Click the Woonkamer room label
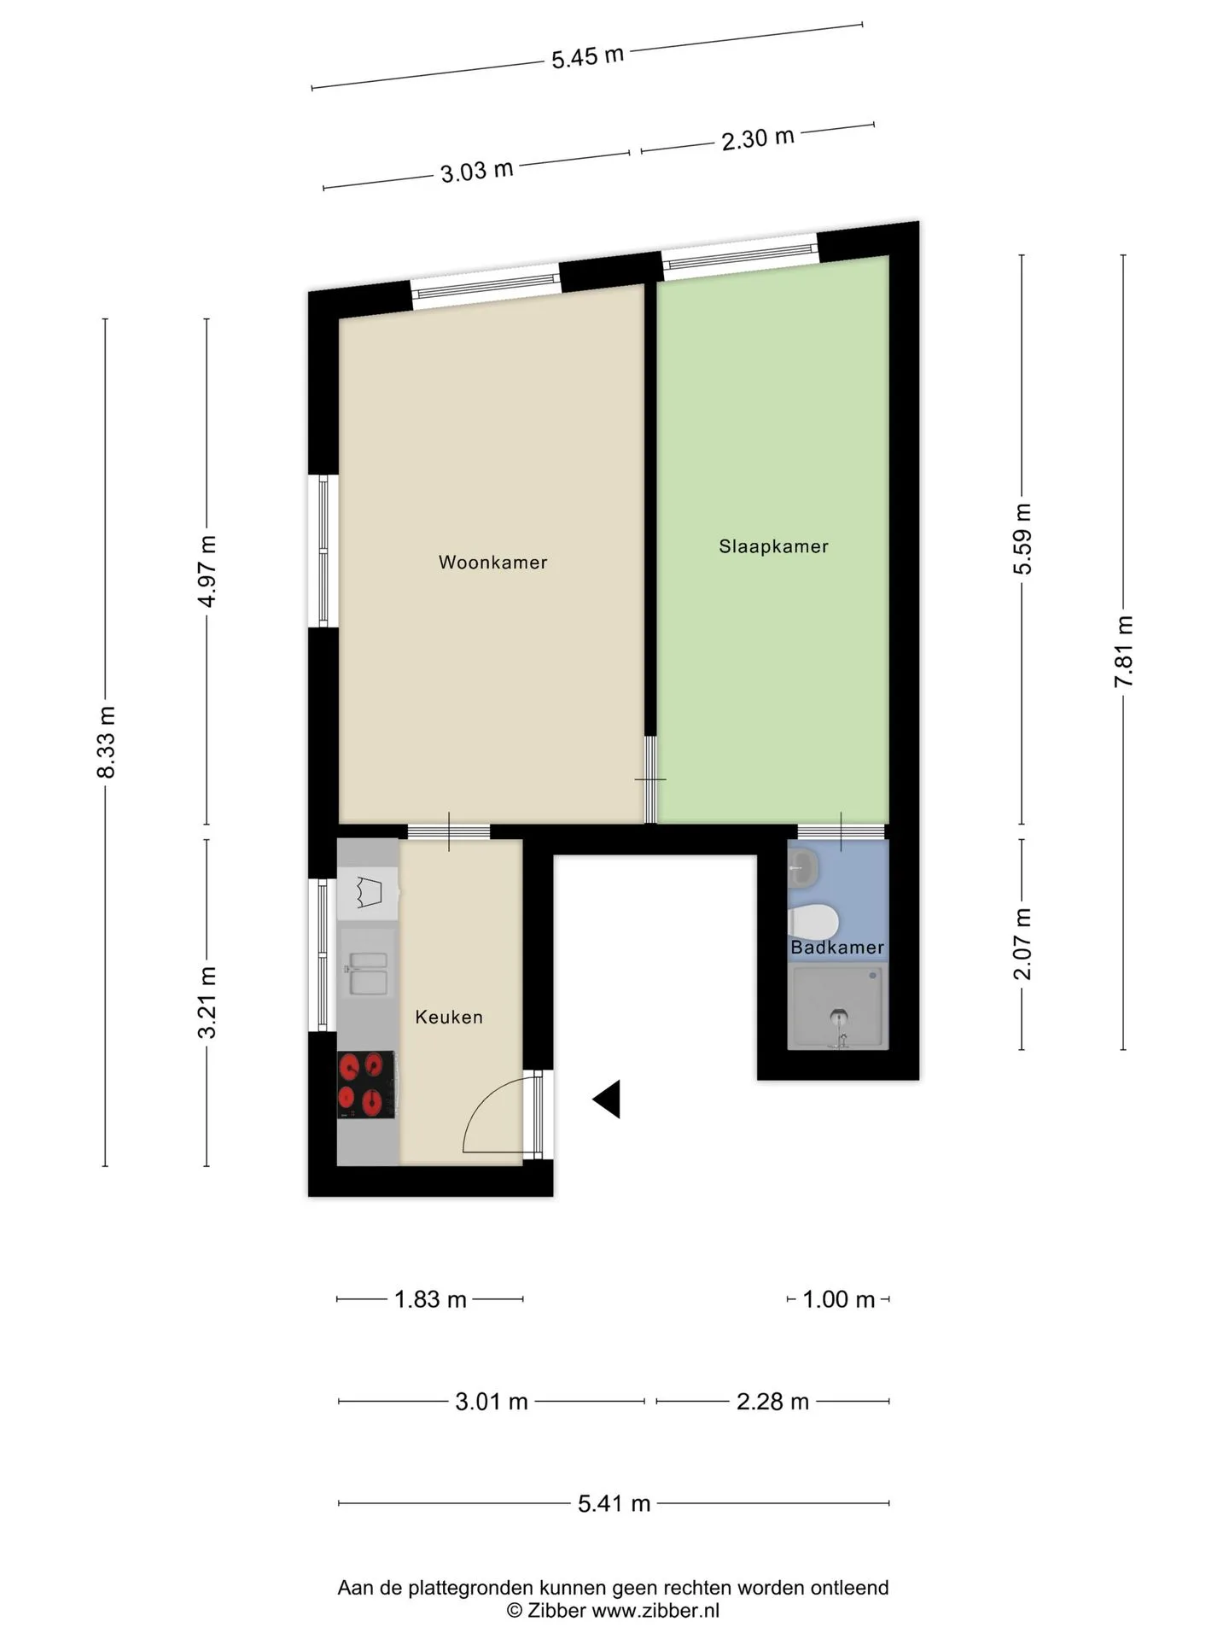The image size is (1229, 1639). pos(492,563)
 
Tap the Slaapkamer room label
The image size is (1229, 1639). pos(773,546)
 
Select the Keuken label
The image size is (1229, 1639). pos(449,1017)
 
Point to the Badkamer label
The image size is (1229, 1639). pos(837,948)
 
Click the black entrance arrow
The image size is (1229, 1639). pos(607,1099)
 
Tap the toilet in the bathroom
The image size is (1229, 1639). pos(814,922)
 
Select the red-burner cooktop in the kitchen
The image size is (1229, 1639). pos(366,1084)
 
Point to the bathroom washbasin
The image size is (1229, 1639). pos(804,867)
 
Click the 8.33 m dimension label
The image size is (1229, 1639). pos(106,742)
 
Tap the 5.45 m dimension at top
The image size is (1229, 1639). pos(588,57)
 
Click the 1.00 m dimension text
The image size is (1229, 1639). pos(839,1299)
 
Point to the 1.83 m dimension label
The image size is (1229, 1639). pos(430,1299)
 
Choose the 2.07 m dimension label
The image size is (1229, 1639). pos(1022,944)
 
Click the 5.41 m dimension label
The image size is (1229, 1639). pos(614,1503)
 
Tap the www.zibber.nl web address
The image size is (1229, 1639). pos(655,1610)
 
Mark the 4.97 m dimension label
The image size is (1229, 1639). pos(207,571)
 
